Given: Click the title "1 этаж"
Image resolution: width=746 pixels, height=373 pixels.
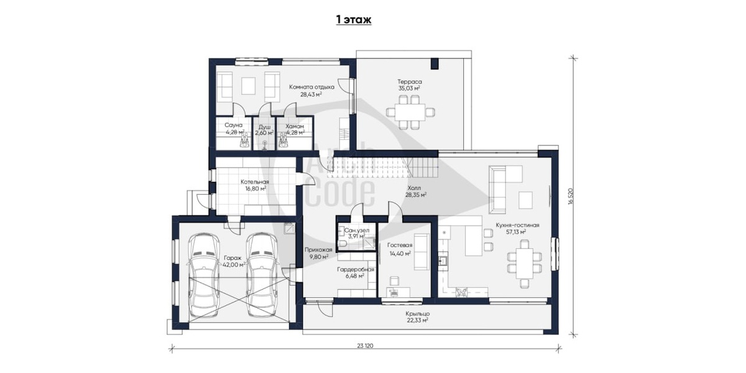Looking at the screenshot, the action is (x=353, y=20).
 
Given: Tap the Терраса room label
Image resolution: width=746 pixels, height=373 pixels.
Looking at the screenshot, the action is (x=409, y=81).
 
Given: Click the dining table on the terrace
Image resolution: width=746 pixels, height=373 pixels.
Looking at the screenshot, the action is (x=410, y=112).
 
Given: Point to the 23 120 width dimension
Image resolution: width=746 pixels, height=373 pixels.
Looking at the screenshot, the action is (x=365, y=346).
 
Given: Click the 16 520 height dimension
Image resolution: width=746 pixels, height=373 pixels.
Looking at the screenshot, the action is (x=571, y=196).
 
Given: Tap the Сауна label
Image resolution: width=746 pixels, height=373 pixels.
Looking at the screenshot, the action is (x=234, y=126).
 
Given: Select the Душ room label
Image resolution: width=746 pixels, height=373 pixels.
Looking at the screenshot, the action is (x=264, y=127).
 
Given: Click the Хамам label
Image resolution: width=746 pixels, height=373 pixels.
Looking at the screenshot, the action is (x=295, y=127).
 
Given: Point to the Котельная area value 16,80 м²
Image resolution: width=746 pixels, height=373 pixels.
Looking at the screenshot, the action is (x=256, y=188).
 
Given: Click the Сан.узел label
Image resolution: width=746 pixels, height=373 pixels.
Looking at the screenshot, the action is (x=357, y=231).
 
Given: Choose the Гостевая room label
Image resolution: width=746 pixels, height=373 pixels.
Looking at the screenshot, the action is (x=400, y=245).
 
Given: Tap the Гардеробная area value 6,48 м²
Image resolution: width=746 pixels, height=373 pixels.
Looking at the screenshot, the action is (x=355, y=276).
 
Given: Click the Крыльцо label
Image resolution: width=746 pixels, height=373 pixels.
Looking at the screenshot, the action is (x=417, y=314).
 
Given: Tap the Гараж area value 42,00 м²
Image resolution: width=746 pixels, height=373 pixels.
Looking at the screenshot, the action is (x=234, y=264).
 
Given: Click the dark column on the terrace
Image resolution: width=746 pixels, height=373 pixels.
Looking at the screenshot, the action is (x=435, y=63).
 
